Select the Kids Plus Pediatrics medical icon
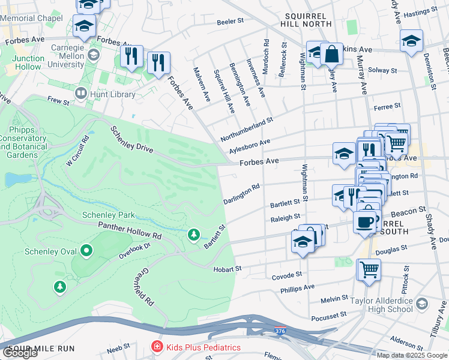(156, 347)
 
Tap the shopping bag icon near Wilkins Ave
(331, 55)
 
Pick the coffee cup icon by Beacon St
(366, 221)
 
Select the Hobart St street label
(227, 269)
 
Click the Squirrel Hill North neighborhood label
(306, 19)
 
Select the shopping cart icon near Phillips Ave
(369, 269)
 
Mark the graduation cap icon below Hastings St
(411, 41)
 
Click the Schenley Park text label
(109, 215)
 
